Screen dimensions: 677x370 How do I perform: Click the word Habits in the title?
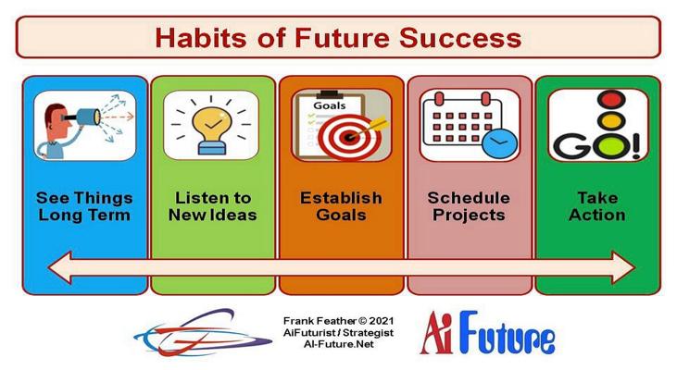pos(202,38)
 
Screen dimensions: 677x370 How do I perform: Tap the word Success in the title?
pos(460,38)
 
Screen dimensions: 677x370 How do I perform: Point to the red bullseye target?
pos(350,137)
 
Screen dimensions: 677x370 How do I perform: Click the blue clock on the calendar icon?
pos(499,143)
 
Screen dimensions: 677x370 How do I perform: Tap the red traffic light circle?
pos(611,100)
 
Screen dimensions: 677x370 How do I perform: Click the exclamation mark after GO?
pos(634,145)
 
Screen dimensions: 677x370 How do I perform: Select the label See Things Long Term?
pos(84,206)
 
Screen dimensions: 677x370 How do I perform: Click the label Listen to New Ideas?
pos(213,206)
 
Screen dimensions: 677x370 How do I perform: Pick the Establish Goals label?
pos(341,206)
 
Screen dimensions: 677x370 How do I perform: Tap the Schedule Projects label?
pos(469,206)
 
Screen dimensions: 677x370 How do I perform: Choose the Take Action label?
pos(597,206)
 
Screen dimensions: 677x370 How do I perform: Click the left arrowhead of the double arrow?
pos(59,268)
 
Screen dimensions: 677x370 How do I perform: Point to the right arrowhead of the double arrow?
pos(623,268)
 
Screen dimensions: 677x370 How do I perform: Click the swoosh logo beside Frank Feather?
pos(203,333)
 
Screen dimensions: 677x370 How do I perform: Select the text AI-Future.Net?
pos(339,344)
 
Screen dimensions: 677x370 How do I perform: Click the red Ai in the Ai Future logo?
pos(437,332)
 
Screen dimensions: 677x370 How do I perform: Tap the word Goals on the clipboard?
pos(330,105)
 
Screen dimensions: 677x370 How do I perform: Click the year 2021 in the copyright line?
pos(382,321)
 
